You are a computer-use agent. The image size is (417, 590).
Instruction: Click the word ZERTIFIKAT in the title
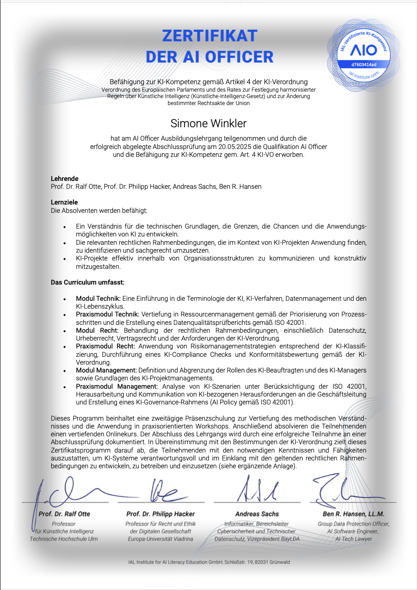(x=209, y=36)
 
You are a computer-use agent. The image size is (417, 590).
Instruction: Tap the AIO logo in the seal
(x=364, y=50)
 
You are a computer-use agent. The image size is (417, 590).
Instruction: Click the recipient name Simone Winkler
(x=208, y=124)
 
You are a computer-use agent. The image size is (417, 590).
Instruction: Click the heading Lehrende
(x=64, y=179)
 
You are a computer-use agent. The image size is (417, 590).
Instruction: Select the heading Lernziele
(x=64, y=202)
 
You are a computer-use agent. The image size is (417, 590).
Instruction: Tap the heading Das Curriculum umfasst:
(x=87, y=282)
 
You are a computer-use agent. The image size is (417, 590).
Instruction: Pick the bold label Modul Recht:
(x=97, y=330)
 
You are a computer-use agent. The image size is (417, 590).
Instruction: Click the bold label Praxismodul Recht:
(x=105, y=346)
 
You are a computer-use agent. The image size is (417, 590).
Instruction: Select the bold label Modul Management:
(x=106, y=370)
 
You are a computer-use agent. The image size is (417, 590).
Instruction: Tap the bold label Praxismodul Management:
(x=117, y=386)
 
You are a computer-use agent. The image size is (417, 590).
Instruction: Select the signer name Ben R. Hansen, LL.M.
(x=353, y=514)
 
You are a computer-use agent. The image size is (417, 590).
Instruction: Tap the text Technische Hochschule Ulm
(x=64, y=539)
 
